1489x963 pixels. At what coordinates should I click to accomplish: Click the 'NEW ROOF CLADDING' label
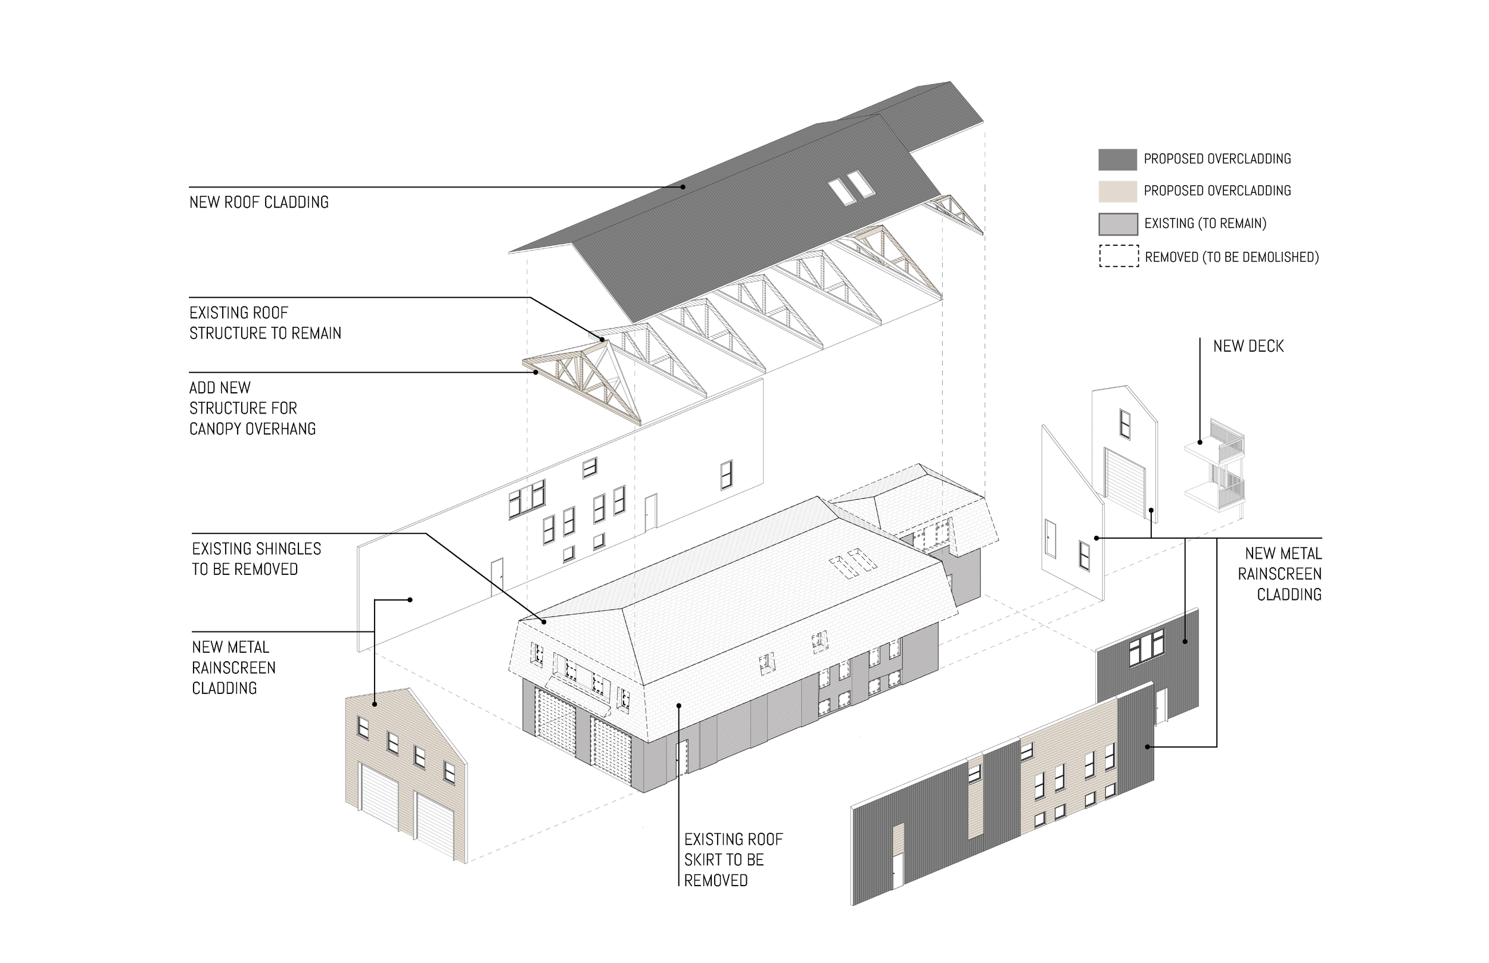[259, 202]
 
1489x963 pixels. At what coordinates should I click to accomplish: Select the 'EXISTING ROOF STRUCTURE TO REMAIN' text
[265, 323]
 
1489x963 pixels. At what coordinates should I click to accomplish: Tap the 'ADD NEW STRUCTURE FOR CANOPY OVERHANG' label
[252, 408]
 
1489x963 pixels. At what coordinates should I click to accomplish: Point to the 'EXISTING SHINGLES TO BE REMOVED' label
[257, 559]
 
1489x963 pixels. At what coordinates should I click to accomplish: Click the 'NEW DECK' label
[1248, 346]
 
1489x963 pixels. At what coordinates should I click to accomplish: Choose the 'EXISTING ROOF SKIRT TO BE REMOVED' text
[733, 859]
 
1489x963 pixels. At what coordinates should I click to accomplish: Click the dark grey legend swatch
[1117, 160]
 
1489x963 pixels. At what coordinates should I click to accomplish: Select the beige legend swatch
[1117, 191]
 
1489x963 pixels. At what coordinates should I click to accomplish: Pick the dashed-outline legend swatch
[1119, 257]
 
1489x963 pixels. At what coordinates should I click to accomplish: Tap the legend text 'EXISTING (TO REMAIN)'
[1205, 224]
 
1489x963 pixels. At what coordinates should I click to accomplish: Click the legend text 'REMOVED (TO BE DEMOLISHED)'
[1231, 257]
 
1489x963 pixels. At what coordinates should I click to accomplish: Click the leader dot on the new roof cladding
[683, 186]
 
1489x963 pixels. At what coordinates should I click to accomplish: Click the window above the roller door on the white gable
[1125, 423]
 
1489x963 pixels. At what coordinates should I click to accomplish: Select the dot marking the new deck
[1200, 442]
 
